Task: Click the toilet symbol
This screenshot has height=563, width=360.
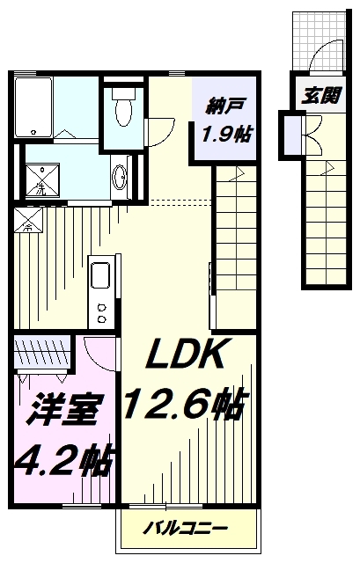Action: [123, 106]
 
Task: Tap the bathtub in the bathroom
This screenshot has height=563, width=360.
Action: [33, 107]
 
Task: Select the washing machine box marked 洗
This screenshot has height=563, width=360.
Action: [42, 179]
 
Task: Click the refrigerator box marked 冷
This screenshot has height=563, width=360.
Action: [28, 220]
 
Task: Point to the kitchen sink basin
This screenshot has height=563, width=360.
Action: [100, 275]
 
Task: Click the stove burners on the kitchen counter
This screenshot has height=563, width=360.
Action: [102, 312]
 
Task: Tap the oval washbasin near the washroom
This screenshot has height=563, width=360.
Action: [120, 177]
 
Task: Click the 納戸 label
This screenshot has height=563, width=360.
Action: [224, 106]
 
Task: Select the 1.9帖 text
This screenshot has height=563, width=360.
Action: [227, 135]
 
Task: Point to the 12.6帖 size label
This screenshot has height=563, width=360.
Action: [187, 404]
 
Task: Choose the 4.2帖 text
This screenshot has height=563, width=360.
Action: [64, 460]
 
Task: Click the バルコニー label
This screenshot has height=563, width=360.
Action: [186, 528]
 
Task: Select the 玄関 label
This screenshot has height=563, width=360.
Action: [321, 96]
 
